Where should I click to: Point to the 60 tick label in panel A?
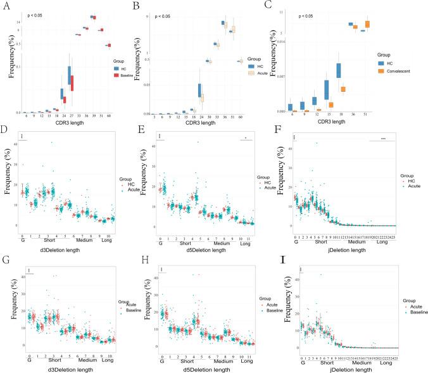tap(108, 116)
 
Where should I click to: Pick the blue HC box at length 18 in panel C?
tap(339, 70)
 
